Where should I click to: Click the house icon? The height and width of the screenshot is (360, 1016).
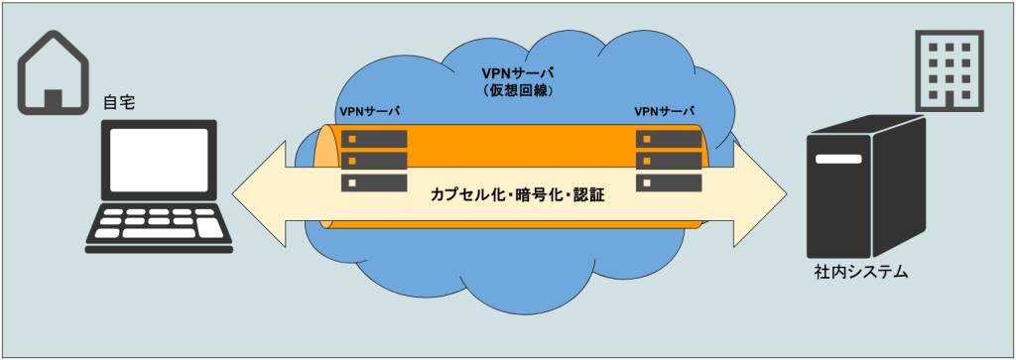(x=53, y=74)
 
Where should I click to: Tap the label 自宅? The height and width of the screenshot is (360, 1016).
(x=119, y=103)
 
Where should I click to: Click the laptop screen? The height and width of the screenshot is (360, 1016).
(x=160, y=159)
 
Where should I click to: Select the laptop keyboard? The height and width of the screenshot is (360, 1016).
(x=160, y=226)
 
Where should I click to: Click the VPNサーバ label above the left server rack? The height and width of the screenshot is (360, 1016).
(x=369, y=111)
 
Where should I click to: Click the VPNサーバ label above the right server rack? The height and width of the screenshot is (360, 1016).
(x=664, y=111)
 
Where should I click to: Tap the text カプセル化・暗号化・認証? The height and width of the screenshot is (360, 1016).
(x=517, y=195)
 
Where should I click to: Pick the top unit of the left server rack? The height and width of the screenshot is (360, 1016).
(x=374, y=139)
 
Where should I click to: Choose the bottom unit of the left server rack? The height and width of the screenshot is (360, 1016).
(x=374, y=182)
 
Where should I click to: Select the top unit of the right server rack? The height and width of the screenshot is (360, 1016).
(x=668, y=139)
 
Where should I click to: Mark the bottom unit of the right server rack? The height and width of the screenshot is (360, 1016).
(x=668, y=182)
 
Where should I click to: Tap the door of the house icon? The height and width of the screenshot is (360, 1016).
(x=54, y=100)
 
